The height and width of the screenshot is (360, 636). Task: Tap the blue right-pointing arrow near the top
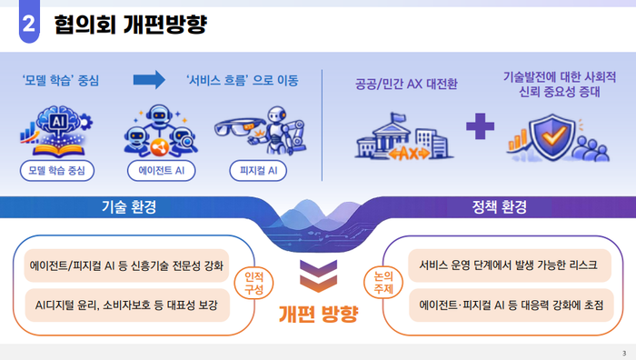[x=151, y=81]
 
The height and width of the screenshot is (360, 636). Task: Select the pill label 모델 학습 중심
[x=58, y=169]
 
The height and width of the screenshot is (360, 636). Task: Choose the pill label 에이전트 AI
[x=160, y=169]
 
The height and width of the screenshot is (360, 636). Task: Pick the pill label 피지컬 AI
[x=258, y=169]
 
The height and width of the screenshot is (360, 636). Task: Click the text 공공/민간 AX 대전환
[x=406, y=84]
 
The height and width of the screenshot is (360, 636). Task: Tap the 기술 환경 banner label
[x=128, y=206]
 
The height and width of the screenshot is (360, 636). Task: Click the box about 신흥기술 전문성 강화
[x=124, y=266]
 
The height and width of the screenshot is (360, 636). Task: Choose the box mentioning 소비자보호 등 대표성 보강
[x=124, y=305]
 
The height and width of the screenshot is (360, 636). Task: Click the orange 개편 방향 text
[x=318, y=315]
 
